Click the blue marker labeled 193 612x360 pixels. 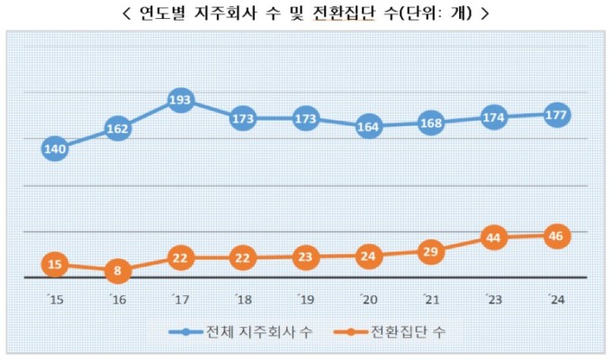click(x=180, y=100)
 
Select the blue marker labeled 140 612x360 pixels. click(x=55, y=148)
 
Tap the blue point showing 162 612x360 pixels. click(x=118, y=129)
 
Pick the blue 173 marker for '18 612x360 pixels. click(x=243, y=118)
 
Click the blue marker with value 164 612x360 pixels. click(x=368, y=127)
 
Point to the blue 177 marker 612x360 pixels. click(x=556, y=115)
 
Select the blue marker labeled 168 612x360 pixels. click(x=431, y=123)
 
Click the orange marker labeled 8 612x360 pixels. click(x=118, y=270)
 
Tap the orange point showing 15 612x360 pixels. click(x=55, y=265)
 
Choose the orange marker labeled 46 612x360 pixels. click(x=556, y=236)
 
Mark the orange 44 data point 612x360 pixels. click(x=494, y=238)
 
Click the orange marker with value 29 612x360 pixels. click(x=431, y=252)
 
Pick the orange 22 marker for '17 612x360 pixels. click(x=180, y=258)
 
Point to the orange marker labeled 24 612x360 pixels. click(x=368, y=256)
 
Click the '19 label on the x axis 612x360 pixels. click(x=306, y=300)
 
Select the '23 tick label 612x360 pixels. click(x=494, y=300)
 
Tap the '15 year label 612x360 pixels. click(x=55, y=300)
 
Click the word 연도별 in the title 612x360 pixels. click(x=162, y=13)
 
